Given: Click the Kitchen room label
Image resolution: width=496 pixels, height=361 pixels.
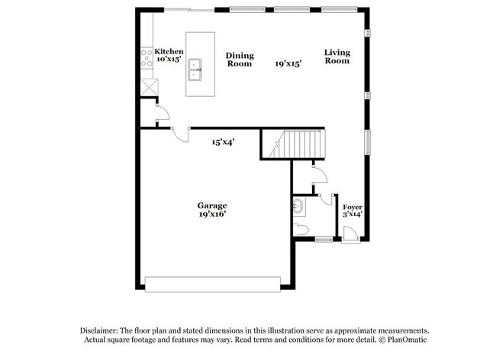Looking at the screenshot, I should [x=169, y=51].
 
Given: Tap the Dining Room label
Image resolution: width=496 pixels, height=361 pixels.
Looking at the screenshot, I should [x=240, y=60].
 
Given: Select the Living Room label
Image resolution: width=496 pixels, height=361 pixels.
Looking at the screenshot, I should [x=337, y=56].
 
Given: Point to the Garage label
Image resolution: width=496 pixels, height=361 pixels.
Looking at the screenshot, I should [x=212, y=205].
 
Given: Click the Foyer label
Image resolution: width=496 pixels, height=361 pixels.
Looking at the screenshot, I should [x=352, y=207].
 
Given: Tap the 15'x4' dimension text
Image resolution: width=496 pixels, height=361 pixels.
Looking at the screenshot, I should [x=223, y=141].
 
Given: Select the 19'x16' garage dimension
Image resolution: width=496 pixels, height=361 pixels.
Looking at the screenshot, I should [x=212, y=214].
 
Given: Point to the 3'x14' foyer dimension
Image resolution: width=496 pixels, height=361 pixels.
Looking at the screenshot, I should [x=352, y=215].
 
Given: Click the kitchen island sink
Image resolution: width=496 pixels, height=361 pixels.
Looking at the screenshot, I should [x=196, y=69].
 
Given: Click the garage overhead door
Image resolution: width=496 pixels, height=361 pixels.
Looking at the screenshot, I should [x=212, y=288].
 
